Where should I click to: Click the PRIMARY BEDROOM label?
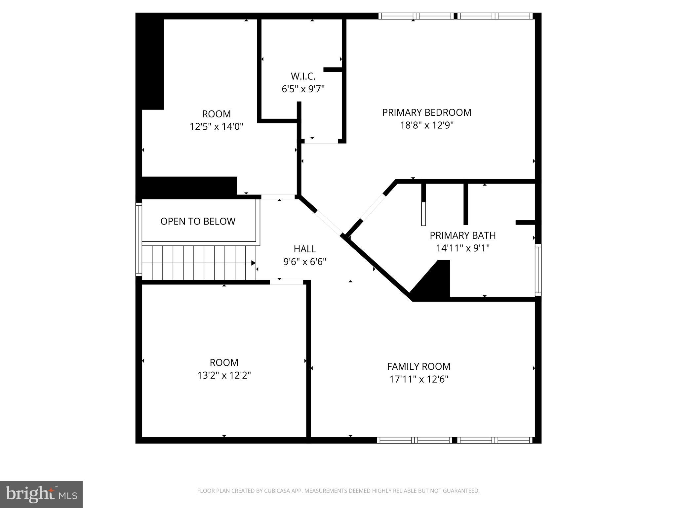point(426,112)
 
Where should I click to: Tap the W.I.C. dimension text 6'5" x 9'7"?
point(303,89)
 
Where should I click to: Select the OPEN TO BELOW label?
point(198,221)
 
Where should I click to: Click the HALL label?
point(304,249)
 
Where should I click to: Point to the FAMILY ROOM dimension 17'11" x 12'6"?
point(418,379)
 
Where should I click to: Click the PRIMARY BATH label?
point(462,235)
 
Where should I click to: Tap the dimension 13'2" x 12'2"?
point(224,375)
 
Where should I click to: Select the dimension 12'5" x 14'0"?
point(216,127)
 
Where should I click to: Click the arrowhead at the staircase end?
point(253,263)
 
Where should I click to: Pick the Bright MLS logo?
point(41,494)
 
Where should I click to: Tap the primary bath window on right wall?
point(538,270)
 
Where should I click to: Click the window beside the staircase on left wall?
point(139,239)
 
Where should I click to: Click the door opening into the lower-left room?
point(286,282)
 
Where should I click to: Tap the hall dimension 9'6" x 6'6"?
point(304,262)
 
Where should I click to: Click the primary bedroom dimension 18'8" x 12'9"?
point(426,125)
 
